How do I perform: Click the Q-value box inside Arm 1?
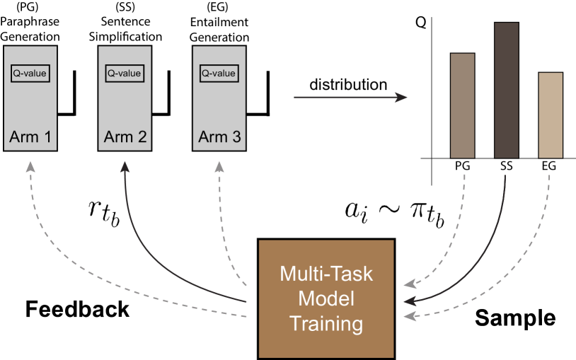30,73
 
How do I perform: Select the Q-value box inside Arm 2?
125,73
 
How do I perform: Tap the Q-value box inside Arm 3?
219,73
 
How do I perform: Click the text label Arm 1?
30,137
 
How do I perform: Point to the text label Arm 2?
125,137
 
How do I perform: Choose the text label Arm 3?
219,137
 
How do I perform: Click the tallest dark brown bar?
506,90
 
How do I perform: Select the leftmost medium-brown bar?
462,105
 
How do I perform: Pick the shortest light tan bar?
550,115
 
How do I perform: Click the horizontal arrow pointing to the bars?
350,97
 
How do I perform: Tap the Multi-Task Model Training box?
326,298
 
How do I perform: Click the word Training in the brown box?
326,324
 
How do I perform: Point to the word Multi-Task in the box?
326,273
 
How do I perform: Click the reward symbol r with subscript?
103,212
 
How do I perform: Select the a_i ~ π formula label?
394,212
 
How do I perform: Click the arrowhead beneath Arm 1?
30,166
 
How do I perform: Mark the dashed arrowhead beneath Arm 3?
219,166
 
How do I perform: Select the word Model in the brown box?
326,298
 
